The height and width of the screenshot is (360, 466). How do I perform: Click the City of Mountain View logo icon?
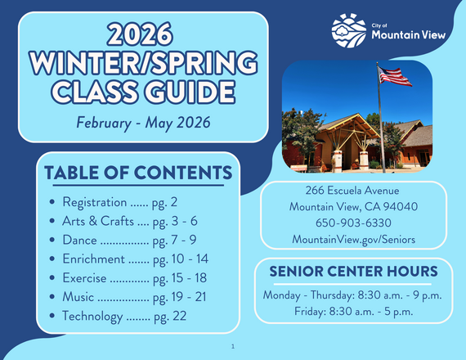pos(349,30)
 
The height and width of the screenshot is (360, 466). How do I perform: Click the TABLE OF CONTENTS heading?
pos(137,173)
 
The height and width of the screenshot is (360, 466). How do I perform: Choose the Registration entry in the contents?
pos(119,201)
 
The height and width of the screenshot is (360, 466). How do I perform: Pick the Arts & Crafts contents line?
pos(129,221)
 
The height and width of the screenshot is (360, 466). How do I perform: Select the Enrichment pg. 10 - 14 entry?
pos(135,259)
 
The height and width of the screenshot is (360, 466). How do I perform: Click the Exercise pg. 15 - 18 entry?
pos(135,277)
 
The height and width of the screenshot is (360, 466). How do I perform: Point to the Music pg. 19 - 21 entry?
pos(135,296)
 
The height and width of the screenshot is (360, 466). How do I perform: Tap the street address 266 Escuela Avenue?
pos(353,191)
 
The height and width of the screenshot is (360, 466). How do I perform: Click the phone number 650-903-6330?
pos(353,223)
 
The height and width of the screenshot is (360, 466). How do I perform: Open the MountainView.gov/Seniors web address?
pos(353,239)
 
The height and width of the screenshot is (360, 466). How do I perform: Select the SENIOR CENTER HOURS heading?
pos(353,271)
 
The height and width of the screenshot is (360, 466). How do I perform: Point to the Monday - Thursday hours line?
pos(353,295)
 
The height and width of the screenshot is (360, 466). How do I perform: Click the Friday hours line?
pos(353,311)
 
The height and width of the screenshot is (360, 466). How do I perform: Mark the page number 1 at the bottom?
pos(233,347)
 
